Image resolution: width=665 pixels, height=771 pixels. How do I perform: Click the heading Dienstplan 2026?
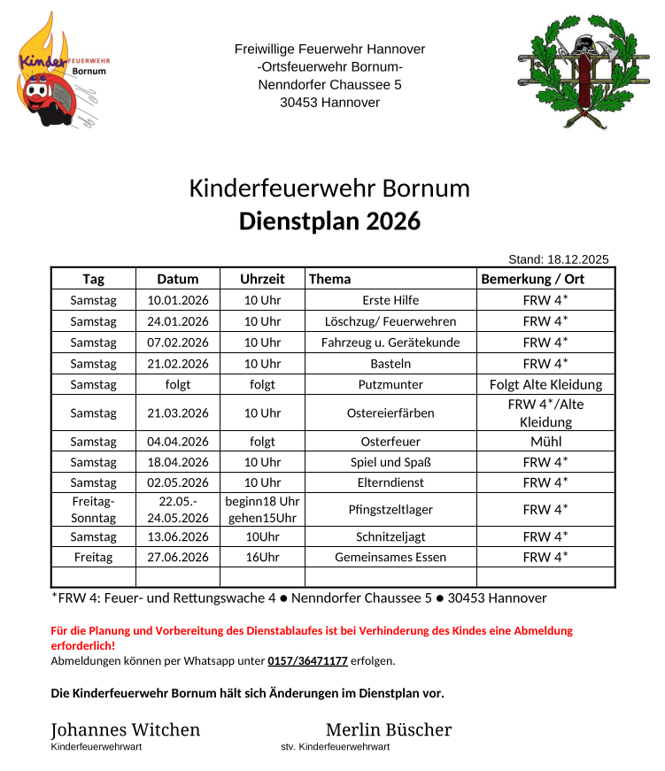point(329,221)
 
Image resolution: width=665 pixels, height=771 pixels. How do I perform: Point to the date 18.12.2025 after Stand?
point(578,259)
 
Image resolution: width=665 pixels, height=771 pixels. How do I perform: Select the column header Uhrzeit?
point(262,279)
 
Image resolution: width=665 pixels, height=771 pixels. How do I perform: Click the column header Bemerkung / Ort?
point(532,279)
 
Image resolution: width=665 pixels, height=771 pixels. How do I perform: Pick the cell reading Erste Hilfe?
point(390,301)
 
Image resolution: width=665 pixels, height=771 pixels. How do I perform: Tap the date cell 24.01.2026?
point(178,321)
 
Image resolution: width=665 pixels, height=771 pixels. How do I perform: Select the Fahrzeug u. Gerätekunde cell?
point(390,343)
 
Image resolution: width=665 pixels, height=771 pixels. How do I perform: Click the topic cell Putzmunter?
point(390,385)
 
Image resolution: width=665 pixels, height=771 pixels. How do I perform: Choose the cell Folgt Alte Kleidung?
point(545,385)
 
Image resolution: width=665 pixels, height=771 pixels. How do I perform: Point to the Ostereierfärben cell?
point(390,413)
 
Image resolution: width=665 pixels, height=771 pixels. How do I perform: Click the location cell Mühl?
point(545,442)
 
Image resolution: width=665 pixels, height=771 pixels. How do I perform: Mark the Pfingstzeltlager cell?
point(390,510)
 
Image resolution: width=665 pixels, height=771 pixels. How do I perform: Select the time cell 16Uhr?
point(262,557)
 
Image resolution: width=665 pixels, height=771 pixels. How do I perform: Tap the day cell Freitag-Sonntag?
point(93,510)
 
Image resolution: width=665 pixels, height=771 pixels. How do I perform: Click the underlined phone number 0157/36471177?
point(307,661)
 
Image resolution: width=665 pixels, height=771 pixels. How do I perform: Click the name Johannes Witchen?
point(125,730)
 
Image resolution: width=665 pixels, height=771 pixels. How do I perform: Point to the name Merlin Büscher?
point(388,730)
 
